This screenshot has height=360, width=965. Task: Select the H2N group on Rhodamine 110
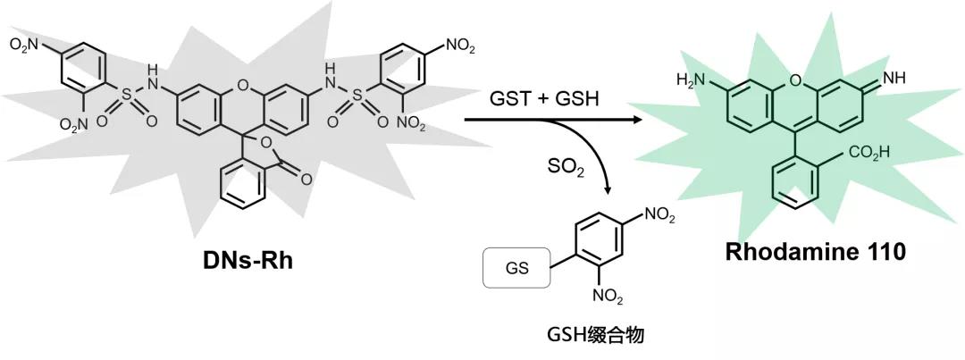[692, 80]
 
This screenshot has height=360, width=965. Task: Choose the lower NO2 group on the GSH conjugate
[618, 293]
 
